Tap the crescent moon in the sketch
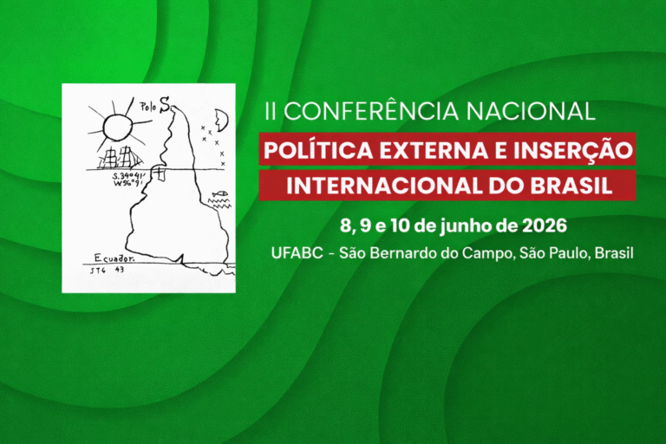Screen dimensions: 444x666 pyautogui.click(x=220, y=119)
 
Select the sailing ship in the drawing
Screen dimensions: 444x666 pyautogui.click(x=121, y=158)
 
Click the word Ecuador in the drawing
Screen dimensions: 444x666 pyautogui.click(x=115, y=257)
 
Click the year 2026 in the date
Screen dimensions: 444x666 pyautogui.click(x=544, y=227)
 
